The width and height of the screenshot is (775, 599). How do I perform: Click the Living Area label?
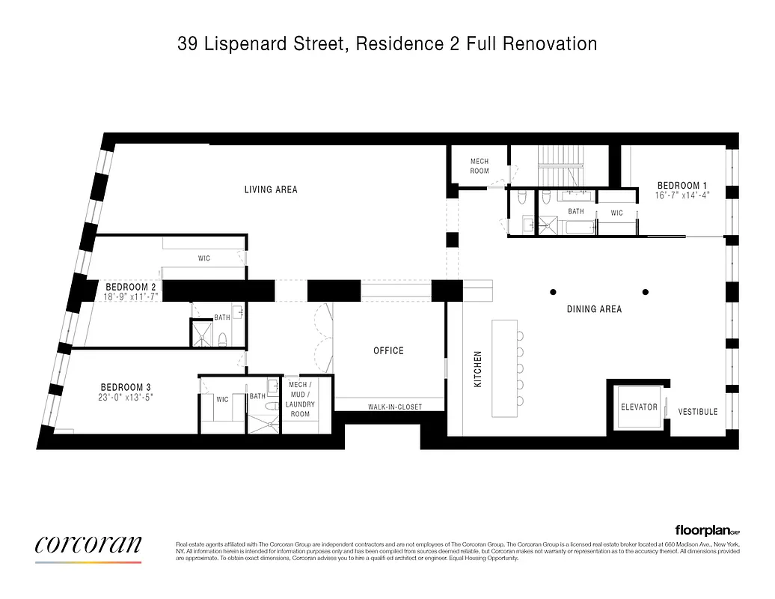pos(271,189)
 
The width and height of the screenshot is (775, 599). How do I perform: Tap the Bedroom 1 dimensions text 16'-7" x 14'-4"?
pos(681,195)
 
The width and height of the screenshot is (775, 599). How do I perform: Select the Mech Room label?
pos(480,166)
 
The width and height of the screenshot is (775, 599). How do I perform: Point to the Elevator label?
pos(639,407)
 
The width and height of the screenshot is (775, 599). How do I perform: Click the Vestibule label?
pos(697,412)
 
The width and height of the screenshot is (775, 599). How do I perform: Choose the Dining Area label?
pos(595,308)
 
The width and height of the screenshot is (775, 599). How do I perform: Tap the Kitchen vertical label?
pos(478,369)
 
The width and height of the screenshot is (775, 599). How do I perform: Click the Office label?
pos(388,350)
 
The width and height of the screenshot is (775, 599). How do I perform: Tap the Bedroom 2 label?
pos(131,287)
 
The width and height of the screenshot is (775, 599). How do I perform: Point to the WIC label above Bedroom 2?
pos(203,258)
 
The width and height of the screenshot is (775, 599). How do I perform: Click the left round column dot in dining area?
pos(553,291)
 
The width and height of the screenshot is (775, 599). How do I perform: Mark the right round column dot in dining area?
pos(646,291)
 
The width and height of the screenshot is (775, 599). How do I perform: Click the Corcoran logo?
pos(88,546)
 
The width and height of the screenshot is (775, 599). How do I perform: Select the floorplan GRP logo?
pos(707,529)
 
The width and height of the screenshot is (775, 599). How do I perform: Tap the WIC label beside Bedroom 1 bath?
pos(616,213)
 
